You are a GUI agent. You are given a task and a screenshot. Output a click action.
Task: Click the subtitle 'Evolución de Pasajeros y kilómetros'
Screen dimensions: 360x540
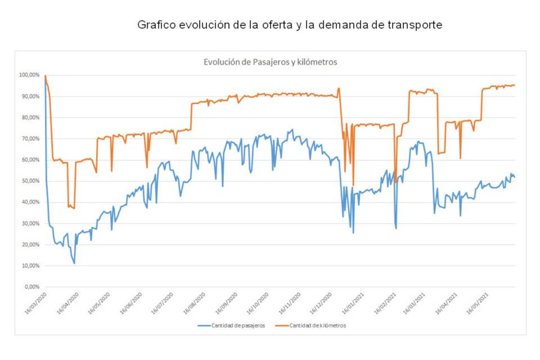pos(270,62)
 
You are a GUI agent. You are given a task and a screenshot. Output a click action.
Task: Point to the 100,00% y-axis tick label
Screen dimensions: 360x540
pos(29,75)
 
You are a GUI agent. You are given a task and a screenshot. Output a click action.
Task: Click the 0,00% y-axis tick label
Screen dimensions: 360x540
pos(32,287)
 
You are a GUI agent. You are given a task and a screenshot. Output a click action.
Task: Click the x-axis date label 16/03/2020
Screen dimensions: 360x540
pos(36,304)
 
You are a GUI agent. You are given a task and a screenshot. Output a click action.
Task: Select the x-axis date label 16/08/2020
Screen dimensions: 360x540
pos(194,304)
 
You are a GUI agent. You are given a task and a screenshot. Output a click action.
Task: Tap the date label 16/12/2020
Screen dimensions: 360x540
pos(321,304)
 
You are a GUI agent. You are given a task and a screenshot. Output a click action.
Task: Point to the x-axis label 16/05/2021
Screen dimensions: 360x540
pos(477,304)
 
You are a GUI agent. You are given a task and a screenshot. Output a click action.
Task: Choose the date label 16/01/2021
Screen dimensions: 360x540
pos(353,304)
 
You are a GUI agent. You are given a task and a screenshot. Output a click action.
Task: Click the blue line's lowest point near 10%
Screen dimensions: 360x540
pos(74,264)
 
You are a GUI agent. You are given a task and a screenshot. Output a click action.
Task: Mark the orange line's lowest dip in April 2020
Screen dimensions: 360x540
pos(74,208)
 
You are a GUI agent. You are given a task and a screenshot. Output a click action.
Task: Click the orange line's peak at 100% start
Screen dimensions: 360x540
pos(45,76)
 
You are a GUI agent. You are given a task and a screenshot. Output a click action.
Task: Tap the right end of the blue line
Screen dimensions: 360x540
pos(514,177)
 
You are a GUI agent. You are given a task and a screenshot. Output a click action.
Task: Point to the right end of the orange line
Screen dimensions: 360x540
pos(514,85)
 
